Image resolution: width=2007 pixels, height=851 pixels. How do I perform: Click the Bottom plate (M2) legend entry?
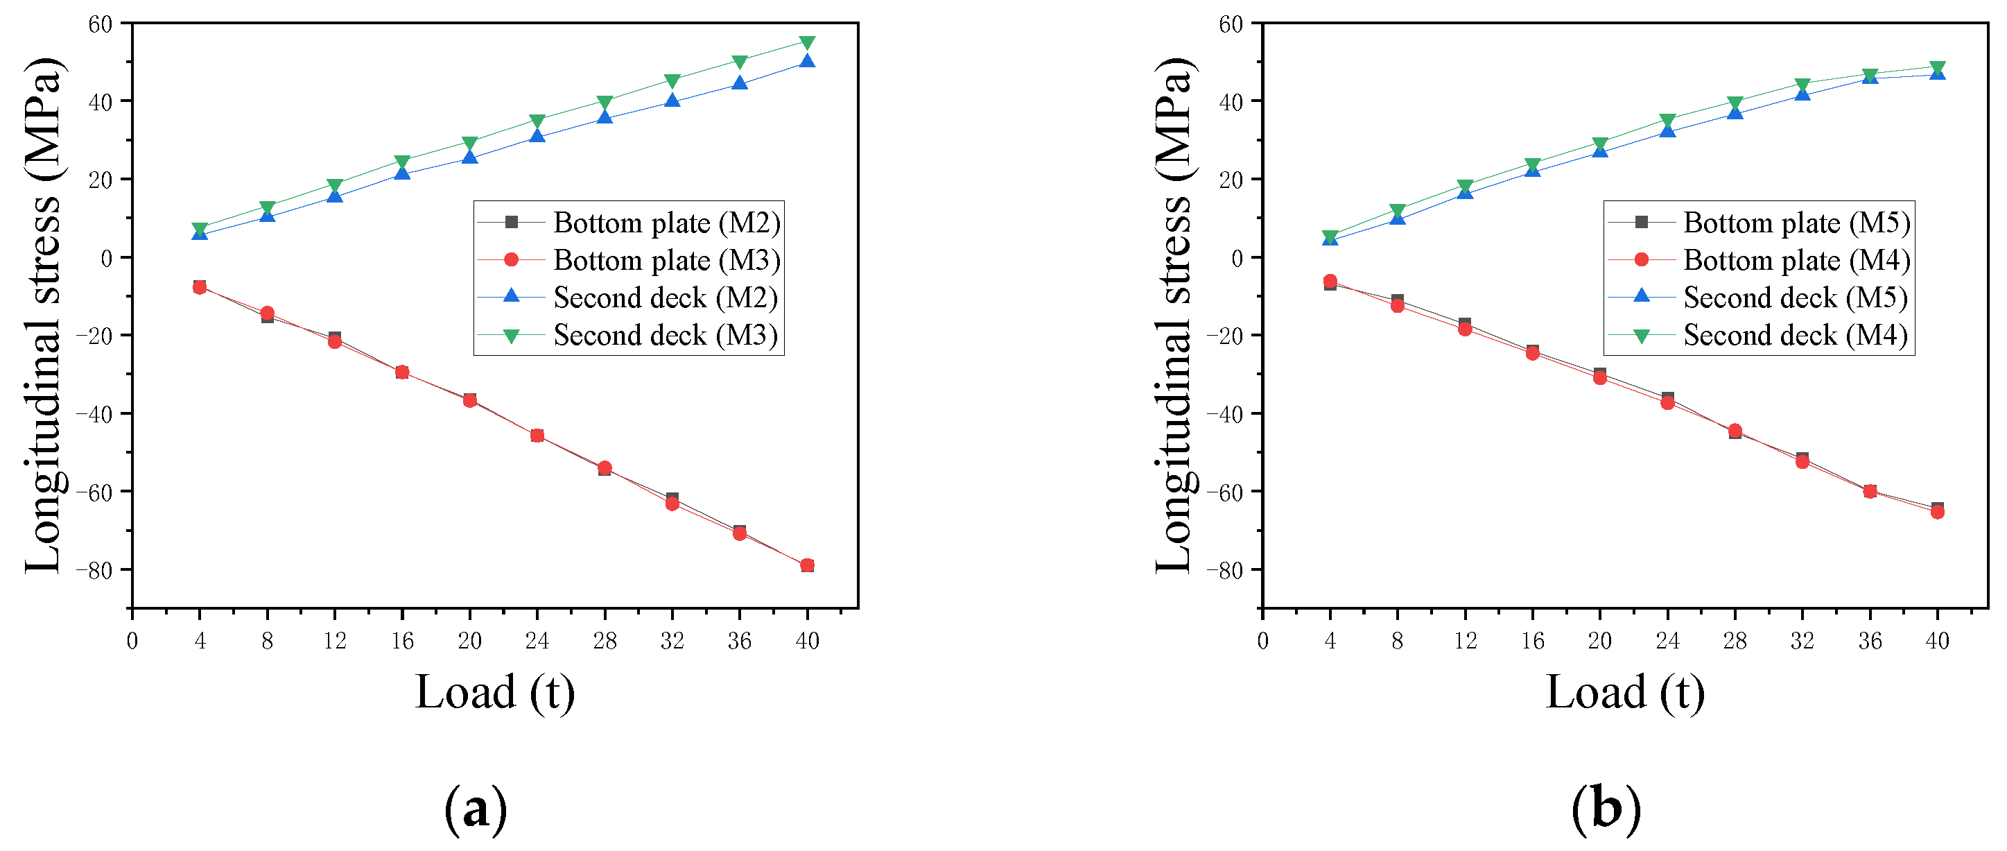click(x=666, y=223)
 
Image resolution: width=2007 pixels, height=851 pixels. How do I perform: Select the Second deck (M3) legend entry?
click(x=666, y=336)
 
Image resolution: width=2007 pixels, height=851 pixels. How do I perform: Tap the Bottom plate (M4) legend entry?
click(x=1796, y=260)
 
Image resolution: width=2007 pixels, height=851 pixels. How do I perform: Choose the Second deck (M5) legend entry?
click(x=1796, y=298)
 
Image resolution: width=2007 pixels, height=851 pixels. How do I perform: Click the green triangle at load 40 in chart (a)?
click(x=807, y=43)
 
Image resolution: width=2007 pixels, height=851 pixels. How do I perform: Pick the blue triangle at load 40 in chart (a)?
click(x=807, y=61)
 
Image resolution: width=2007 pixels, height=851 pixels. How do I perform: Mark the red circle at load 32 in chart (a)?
click(x=672, y=504)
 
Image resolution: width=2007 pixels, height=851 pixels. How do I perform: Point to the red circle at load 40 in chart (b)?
click(x=1938, y=512)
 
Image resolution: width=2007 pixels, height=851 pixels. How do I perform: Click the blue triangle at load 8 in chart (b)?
click(x=1398, y=218)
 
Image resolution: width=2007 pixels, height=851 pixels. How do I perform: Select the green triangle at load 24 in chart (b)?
click(x=1667, y=121)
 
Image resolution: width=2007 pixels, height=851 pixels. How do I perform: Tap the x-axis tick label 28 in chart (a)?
click(x=605, y=641)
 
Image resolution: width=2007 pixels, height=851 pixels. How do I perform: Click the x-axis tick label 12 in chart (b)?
click(x=1465, y=641)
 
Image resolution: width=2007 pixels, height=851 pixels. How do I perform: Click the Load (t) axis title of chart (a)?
click(x=495, y=692)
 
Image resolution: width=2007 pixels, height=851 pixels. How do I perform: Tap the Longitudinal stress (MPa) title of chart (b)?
click(x=1174, y=316)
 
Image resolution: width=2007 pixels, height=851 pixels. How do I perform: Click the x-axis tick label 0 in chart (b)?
click(x=1262, y=641)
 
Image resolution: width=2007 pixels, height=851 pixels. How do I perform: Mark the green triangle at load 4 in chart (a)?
click(x=200, y=229)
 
